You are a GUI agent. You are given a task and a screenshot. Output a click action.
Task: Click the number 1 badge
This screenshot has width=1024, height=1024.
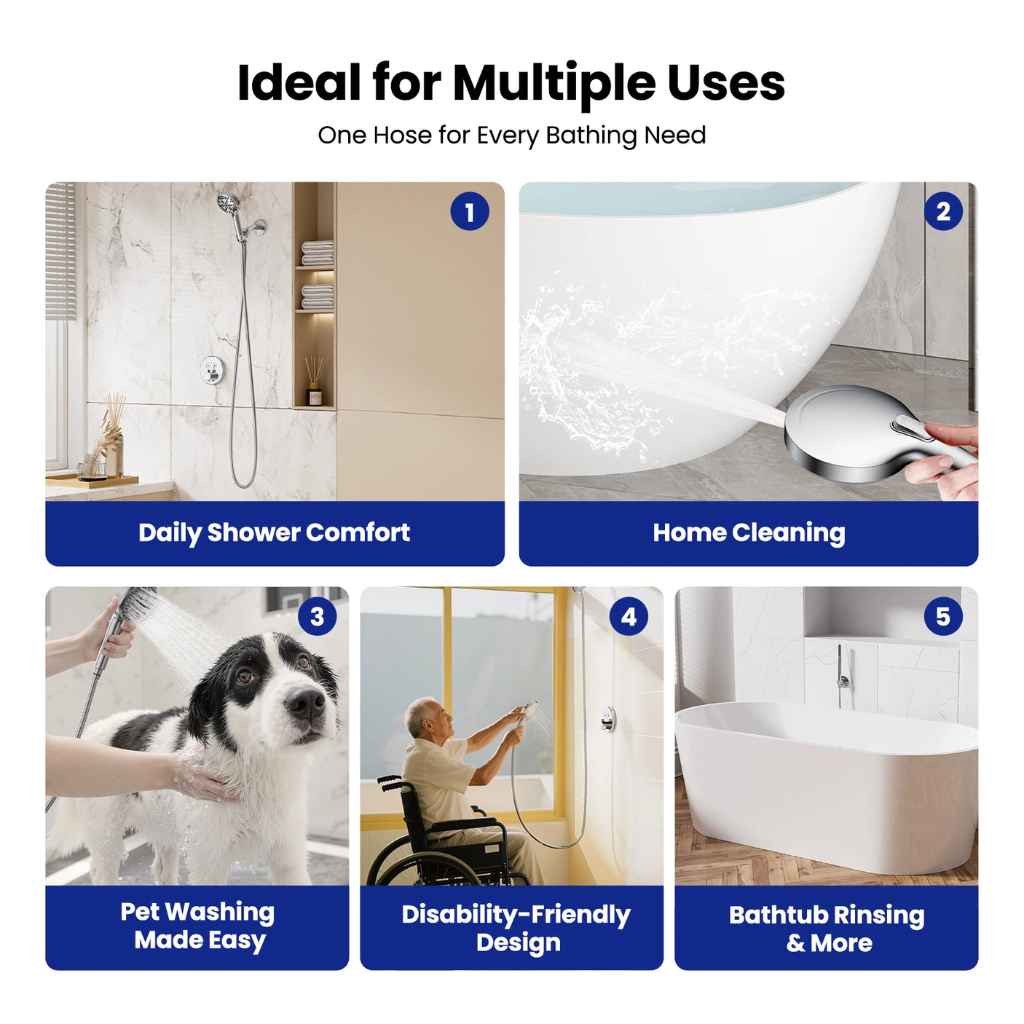coord(470,212)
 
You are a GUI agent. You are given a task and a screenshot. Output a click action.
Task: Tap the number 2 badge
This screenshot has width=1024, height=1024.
coord(943,212)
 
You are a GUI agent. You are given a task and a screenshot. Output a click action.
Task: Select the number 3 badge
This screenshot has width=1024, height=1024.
coord(317,617)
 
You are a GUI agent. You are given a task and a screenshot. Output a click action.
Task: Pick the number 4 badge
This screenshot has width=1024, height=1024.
coord(629,617)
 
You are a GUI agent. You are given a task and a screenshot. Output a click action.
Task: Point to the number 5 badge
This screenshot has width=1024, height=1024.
coord(943,617)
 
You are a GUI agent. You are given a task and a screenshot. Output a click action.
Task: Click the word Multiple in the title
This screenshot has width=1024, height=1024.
coord(554,83)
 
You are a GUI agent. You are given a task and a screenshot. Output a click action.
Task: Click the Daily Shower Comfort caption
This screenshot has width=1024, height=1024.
coord(274,532)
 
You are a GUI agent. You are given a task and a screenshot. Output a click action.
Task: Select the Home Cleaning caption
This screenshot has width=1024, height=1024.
coord(749,532)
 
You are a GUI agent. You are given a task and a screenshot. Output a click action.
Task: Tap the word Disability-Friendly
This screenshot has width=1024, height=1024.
coord(516,915)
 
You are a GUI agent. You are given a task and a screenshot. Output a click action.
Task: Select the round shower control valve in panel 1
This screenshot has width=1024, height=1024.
coord(212,370)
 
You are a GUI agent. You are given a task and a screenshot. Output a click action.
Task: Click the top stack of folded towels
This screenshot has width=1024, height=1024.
coord(318,252)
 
